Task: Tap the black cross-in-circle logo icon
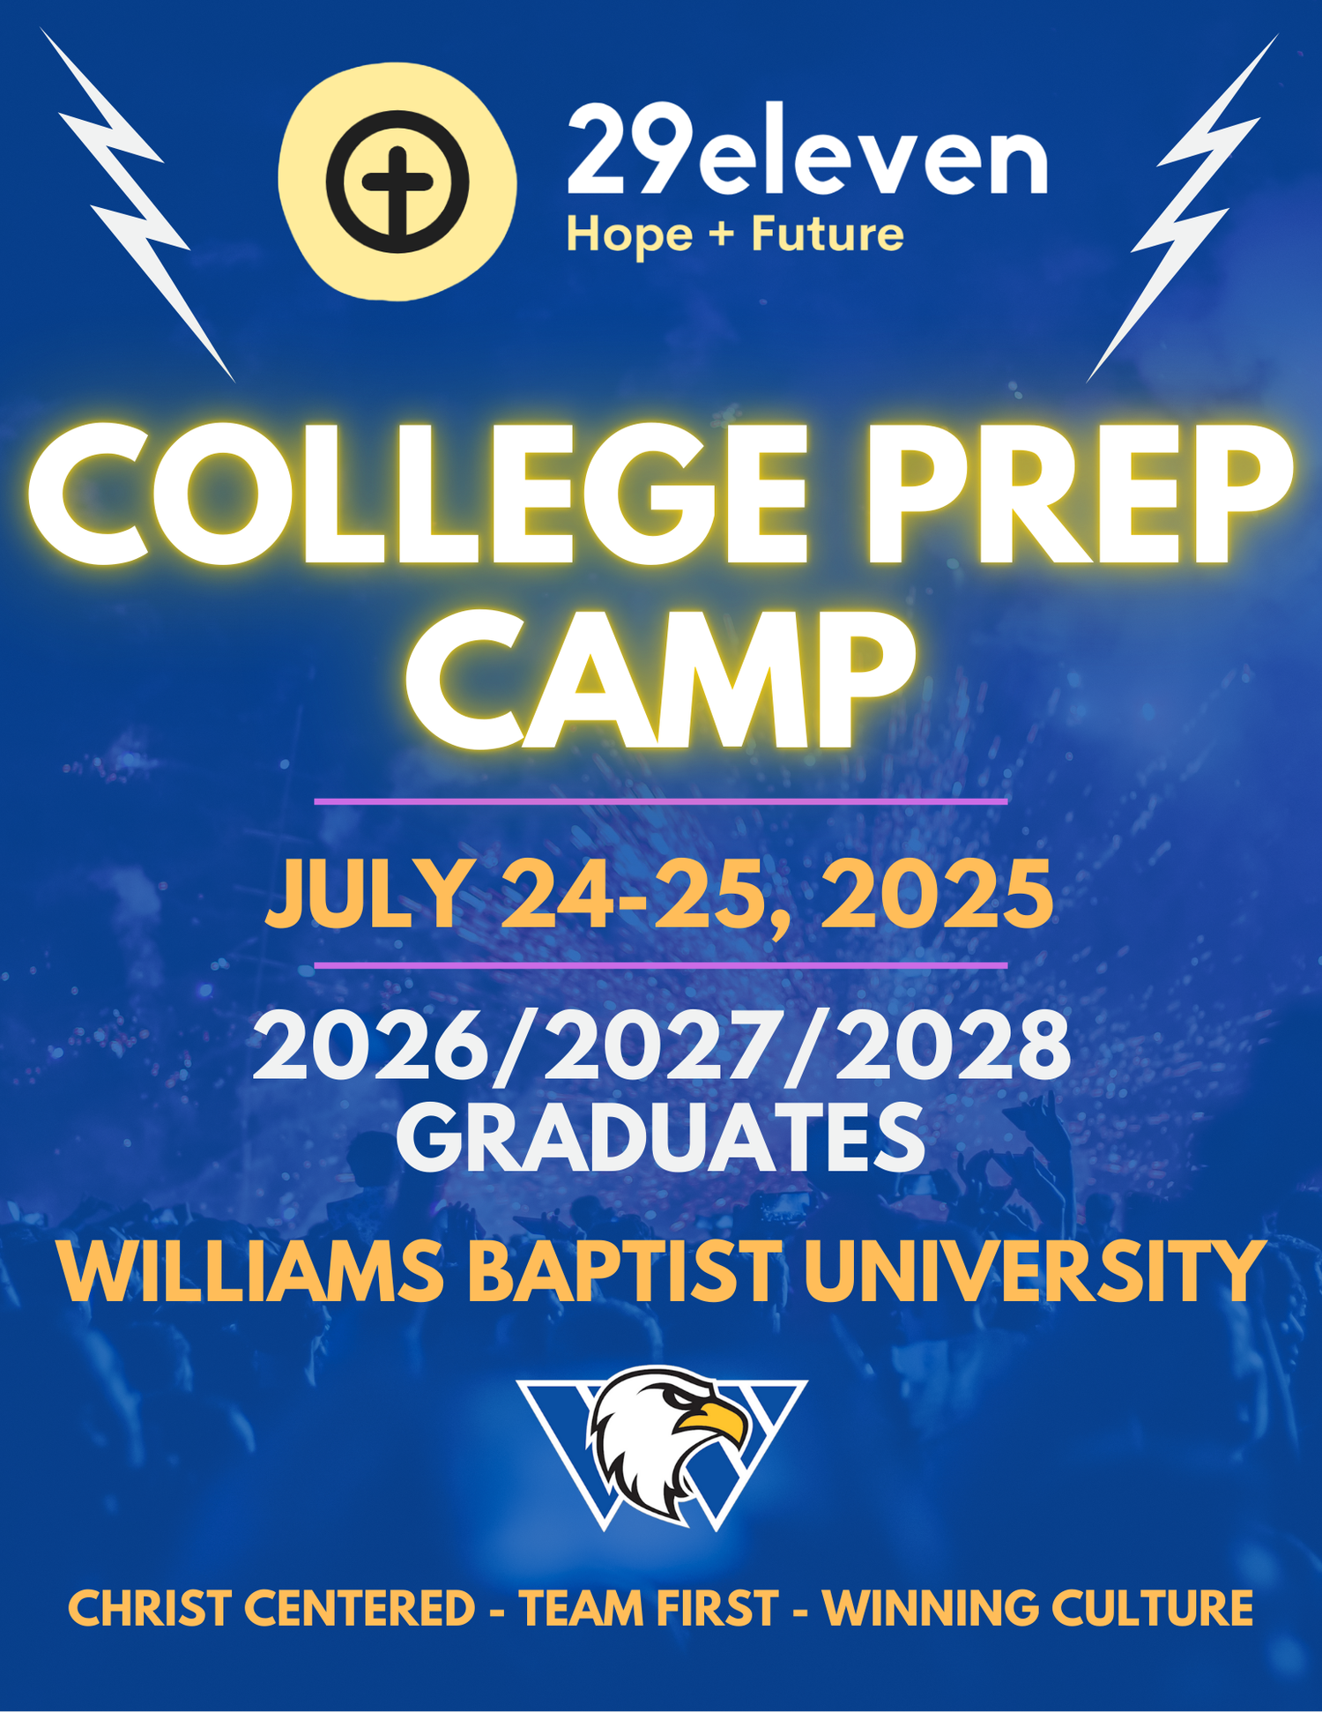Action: [x=397, y=182]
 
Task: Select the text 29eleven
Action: [x=807, y=149]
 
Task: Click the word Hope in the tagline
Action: [x=629, y=236]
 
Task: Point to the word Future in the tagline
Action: [x=828, y=234]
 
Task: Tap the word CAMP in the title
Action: [x=660, y=680]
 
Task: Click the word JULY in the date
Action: [x=368, y=895]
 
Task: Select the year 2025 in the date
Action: [x=936, y=895]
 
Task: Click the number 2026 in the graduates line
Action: [x=369, y=1046]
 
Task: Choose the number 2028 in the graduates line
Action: [x=954, y=1046]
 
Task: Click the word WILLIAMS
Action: [x=251, y=1272]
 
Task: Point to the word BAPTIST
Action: [x=623, y=1272]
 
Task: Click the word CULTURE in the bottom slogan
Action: [x=1152, y=1608]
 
